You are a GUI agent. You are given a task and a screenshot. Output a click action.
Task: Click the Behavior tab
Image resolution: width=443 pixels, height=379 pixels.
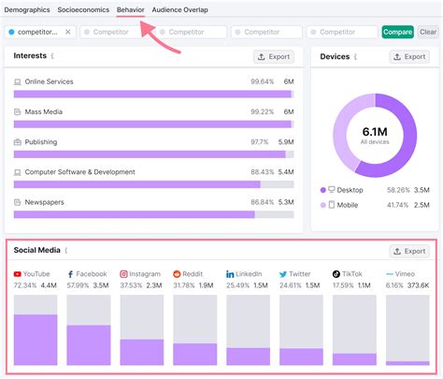[130, 9]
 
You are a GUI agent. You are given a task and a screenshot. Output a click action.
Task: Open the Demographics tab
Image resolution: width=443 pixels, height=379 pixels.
[28, 9]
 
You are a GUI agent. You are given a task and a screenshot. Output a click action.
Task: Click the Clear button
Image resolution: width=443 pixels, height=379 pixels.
[428, 32]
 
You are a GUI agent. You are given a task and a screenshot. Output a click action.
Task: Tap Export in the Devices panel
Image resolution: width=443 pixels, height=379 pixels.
[409, 57]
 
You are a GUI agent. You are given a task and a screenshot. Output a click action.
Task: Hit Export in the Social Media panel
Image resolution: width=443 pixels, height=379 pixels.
[409, 252]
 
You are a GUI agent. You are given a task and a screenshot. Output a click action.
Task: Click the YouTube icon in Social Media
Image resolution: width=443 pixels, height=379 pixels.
[18, 274]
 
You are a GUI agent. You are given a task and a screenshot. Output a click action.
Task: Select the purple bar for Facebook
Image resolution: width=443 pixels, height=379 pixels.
[89, 344]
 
